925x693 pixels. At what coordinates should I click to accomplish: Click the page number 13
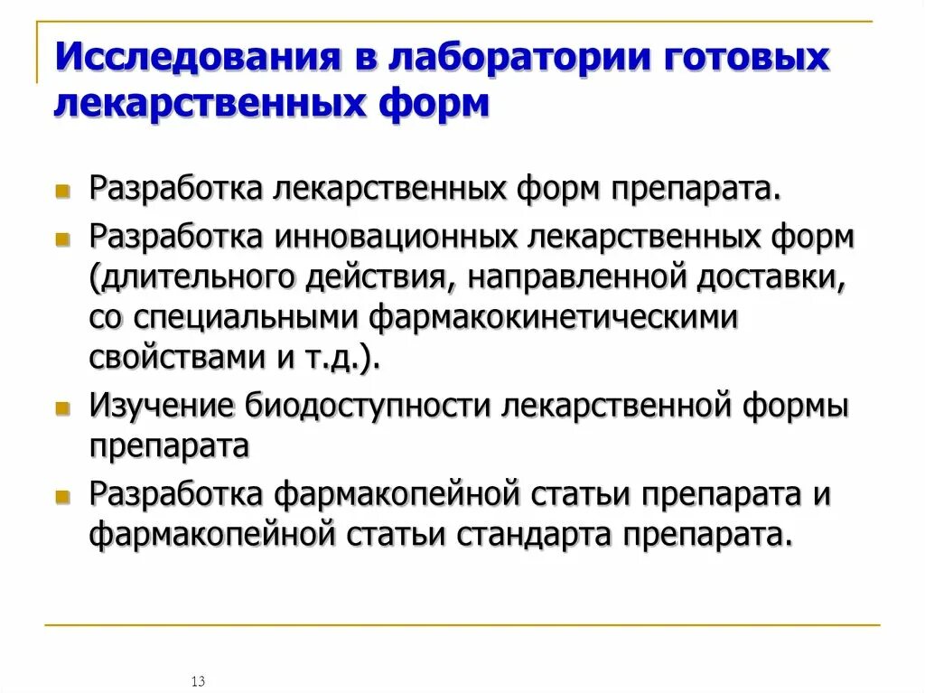(199, 680)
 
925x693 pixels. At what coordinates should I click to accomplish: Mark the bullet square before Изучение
(62, 408)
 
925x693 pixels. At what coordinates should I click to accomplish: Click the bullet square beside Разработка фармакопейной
(62, 497)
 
